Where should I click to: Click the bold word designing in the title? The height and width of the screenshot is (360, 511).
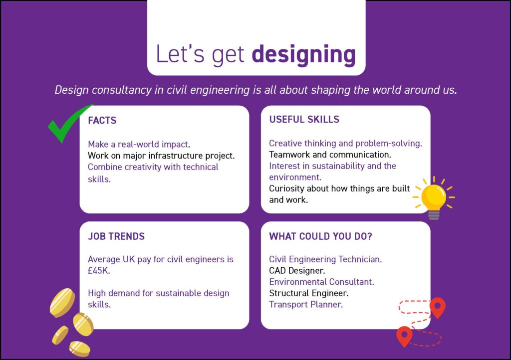click(x=304, y=55)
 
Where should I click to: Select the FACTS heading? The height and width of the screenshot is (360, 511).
click(x=102, y=121)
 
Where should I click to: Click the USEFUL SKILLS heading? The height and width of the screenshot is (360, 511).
click(x=304, y=120)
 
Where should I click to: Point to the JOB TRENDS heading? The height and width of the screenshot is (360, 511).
click(x=116, y=236)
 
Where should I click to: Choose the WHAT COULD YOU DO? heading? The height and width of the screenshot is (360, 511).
click(x=320, y=236)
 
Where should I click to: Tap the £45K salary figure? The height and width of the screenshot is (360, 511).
click(x=98, y=270)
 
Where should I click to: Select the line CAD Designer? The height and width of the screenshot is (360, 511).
click(x=297, y=270)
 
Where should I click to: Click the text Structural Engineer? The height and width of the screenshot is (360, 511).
click(x=308, y=293)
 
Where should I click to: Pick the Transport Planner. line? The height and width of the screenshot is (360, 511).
click(x=306, y=304)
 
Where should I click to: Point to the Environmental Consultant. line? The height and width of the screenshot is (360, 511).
click(x=321, y=282)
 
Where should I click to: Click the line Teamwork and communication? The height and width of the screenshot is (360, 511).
click(x=330, y=155)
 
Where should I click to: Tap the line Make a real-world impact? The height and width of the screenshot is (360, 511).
click(x=139, y=144)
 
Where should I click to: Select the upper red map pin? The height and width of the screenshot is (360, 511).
click(x=438, y=308)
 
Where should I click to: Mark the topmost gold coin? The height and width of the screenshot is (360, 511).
click(x=62, y=303)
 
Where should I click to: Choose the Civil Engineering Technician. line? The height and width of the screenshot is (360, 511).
click(x=325, y=259)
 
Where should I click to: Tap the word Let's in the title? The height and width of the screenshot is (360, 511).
click(x=180, y=54)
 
